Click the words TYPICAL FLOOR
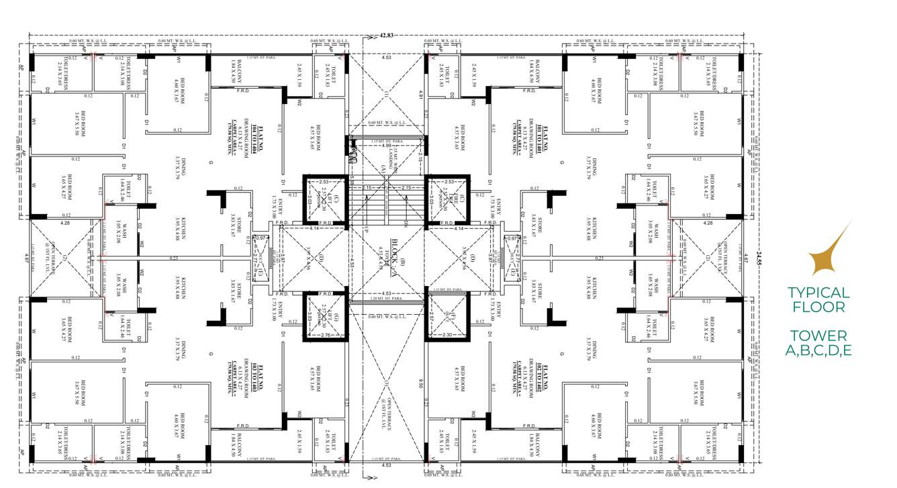point(818,300)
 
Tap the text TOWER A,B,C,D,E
point(818,342)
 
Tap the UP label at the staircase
point(367,229)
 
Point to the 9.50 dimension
point(421,384)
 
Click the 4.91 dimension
point(421,94)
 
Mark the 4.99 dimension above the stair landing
point(386,145)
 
